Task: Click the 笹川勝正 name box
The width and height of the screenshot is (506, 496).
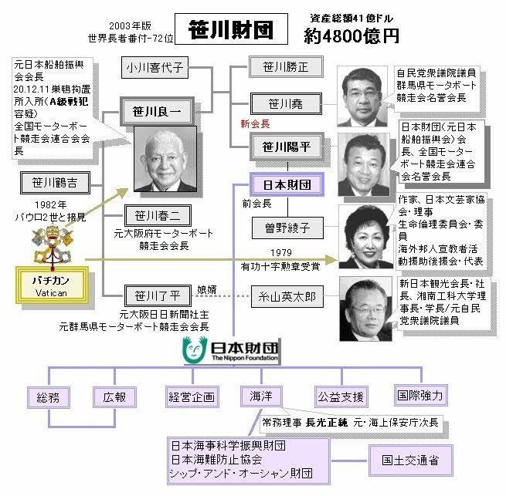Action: pyautogui.click(x=279, y=68)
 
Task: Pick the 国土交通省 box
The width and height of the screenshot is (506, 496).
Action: pyautogui.click(x=411, y=460)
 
